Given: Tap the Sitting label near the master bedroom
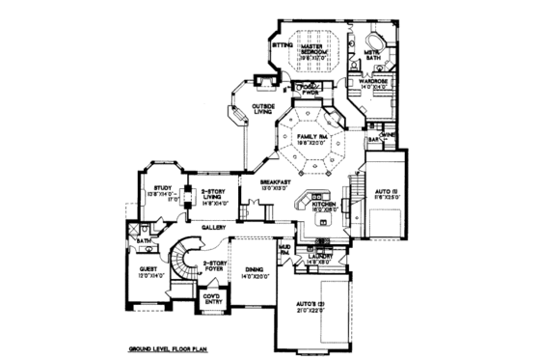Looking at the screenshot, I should tap(282, 44).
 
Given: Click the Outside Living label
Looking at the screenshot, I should tap(263, 108).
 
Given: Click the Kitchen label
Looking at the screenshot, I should tap(323, 205).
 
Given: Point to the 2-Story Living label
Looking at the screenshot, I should tap(213, 196).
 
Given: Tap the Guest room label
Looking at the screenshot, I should tap(148, 269).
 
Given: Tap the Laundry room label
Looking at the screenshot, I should tap(320, 256).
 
